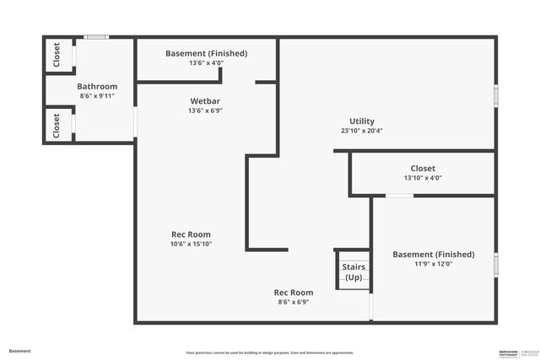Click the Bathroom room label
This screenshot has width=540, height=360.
pos(97,86)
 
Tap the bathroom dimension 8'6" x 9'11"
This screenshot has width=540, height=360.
pos(97,96)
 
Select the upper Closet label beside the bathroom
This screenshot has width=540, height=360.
pos(57,56)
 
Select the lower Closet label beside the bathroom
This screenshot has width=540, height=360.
pos(57,126)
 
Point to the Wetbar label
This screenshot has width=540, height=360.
pos(206,100)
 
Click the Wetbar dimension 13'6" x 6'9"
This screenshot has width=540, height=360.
pos(206,110)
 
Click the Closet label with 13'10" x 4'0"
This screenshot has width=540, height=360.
pos(423,168)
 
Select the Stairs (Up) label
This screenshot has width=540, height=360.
pos(353,272)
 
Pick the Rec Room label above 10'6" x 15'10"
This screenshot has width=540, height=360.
pos(191,234)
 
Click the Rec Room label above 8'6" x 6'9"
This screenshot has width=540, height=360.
pos(293,293)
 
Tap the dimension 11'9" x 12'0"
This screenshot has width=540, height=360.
pos(433,264)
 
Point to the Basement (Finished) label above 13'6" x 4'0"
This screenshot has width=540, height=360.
pos(206,53)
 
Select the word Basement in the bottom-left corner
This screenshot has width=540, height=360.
pos(19,351)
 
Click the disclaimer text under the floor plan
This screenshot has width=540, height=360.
pos(270,352)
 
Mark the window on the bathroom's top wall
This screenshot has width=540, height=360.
pos(95,37)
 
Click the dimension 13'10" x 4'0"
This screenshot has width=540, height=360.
pos(423,178)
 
